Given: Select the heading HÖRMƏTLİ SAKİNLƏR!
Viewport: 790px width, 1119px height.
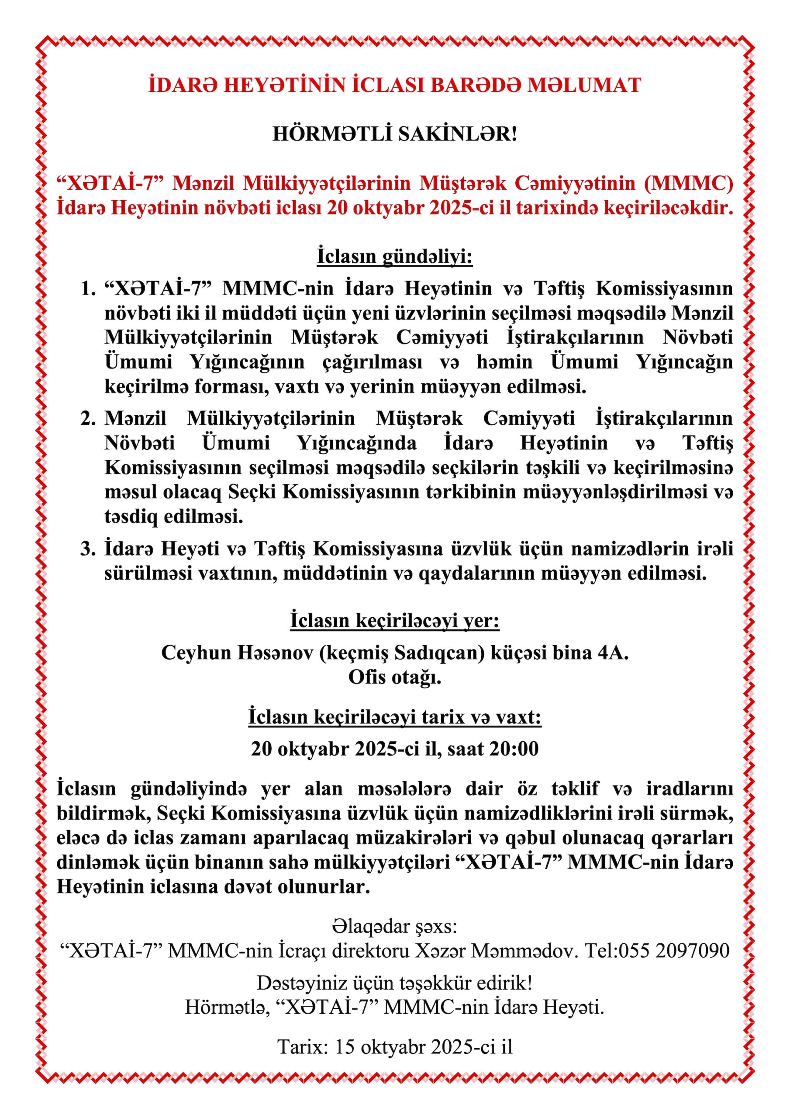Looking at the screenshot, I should tap(394, 135).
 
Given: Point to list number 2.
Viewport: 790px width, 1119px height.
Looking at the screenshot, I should tap(87, 419).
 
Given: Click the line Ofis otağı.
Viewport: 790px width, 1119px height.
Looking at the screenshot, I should tap(394, 678).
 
